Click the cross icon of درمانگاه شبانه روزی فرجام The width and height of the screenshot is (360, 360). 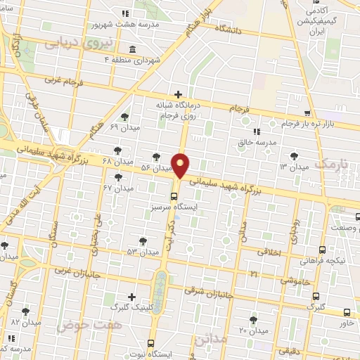coord(178,94)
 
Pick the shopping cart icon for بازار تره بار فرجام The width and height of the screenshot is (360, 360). coord(307,113)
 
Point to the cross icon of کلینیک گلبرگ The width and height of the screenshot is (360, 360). coord(131,297)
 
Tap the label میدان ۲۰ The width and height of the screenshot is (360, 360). coord(253,330)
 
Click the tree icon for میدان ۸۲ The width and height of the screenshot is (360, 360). coord(26,311)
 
